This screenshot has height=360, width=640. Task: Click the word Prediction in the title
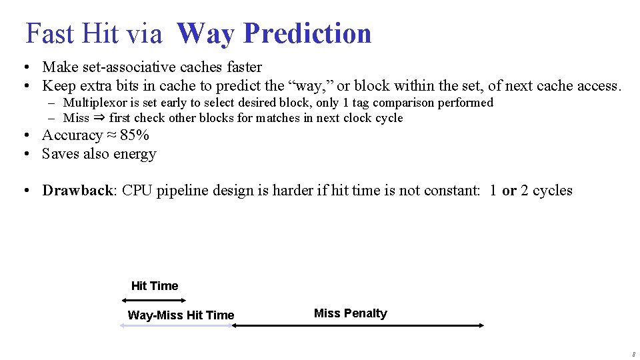point(307,33)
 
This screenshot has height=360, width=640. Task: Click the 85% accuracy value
point(135,135)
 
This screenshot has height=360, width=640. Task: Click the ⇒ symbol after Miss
point(99,118)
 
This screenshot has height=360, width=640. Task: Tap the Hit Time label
point(155,286)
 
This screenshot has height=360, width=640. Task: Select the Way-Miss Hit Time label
point(181,315)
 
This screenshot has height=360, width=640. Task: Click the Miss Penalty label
point(350,313)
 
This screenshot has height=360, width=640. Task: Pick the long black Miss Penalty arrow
point(357,325)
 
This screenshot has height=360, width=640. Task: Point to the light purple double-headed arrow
point(175,325)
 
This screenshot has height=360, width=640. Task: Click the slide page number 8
point(633,355)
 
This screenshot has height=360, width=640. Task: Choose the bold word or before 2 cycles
point(509,191)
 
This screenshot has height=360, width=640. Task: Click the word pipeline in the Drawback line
point(181,191)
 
